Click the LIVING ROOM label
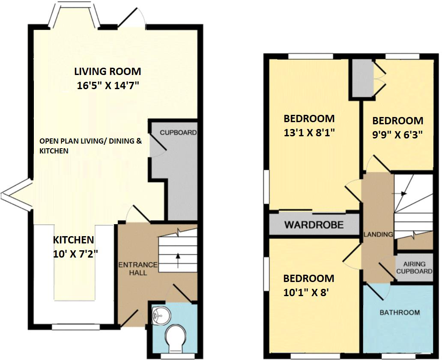tap(108, 71)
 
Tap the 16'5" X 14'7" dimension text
tap(108, 85)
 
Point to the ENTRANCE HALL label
tap(138, 268)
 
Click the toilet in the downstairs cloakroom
tap(175, 337)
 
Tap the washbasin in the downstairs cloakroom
tap(161, 315)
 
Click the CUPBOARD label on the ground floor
tap(178, 132)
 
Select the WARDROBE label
tap(314, 225)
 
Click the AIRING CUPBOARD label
tap(414, 268)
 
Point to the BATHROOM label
tap(400, 312)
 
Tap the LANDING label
tap(378, 234)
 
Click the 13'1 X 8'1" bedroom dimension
tap(309, 132)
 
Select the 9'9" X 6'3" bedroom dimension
tap(397, 134)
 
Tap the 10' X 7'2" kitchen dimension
tap(73, 253)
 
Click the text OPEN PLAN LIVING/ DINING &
tap(90, 141)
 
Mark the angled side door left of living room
tap(16, 196)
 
